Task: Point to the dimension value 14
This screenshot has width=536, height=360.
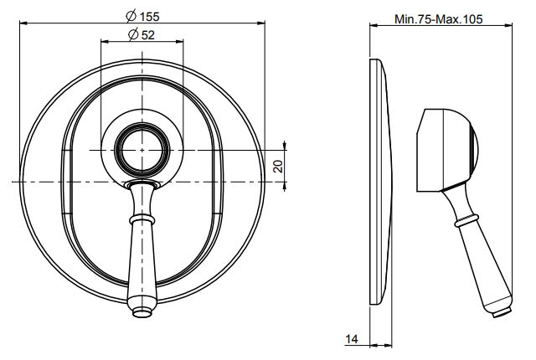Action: click(x=353, y=339)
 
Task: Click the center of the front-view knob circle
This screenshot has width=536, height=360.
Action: click(x=142, y=150)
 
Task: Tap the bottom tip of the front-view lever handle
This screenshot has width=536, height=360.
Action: click(x=142, y=312)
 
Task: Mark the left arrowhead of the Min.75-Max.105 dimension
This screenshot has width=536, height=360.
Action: click(x=374, y=26)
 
